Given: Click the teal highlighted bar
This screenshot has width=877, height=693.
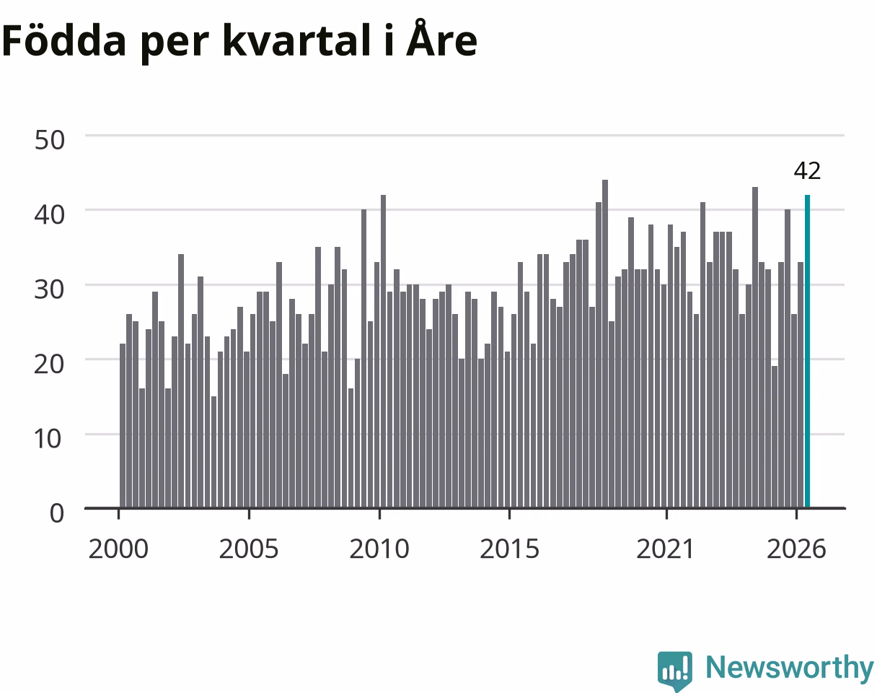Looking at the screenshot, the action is [807, 351].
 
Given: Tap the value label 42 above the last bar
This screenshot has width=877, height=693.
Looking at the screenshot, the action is [807, 171].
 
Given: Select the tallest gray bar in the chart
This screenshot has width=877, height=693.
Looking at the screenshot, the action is [605, 344].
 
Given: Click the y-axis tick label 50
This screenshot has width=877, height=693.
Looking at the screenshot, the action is [50, 140].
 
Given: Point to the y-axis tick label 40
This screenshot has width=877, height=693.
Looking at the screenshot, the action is [50, 215].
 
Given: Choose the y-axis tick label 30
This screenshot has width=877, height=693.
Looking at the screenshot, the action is [50, 289].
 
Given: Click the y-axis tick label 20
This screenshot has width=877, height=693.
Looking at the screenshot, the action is [50, 365].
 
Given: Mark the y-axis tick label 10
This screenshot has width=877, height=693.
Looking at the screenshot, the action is [48, 439].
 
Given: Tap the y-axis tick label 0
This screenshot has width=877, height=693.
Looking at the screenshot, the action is [57, 513].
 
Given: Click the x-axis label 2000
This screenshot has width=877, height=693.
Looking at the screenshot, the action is [118, 549].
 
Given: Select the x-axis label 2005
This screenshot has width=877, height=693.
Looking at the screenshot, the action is [249, 549].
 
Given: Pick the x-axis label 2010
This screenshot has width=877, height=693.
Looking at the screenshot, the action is [379, 549].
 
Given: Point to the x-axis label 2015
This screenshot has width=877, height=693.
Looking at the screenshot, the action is [509, 549].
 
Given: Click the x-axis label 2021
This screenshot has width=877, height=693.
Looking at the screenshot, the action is [666, 549].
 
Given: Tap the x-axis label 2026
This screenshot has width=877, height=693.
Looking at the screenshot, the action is [796, 549].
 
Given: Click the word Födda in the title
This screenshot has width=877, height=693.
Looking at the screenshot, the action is [64, 40].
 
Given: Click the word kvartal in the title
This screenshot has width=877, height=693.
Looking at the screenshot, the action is [296, 40].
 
